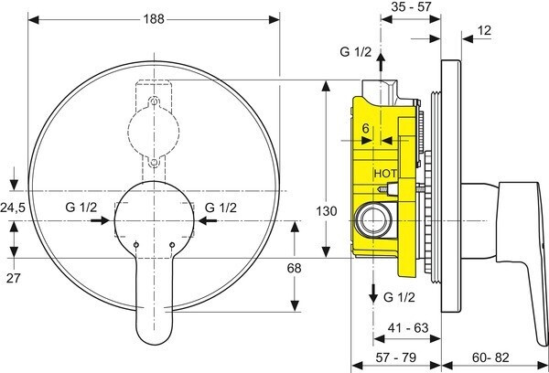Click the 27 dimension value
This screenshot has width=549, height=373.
(14, 277)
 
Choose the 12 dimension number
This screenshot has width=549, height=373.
(484, 32)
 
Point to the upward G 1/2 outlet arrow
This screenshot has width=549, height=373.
(383, 71)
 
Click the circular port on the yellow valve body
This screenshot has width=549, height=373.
(372, 219)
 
